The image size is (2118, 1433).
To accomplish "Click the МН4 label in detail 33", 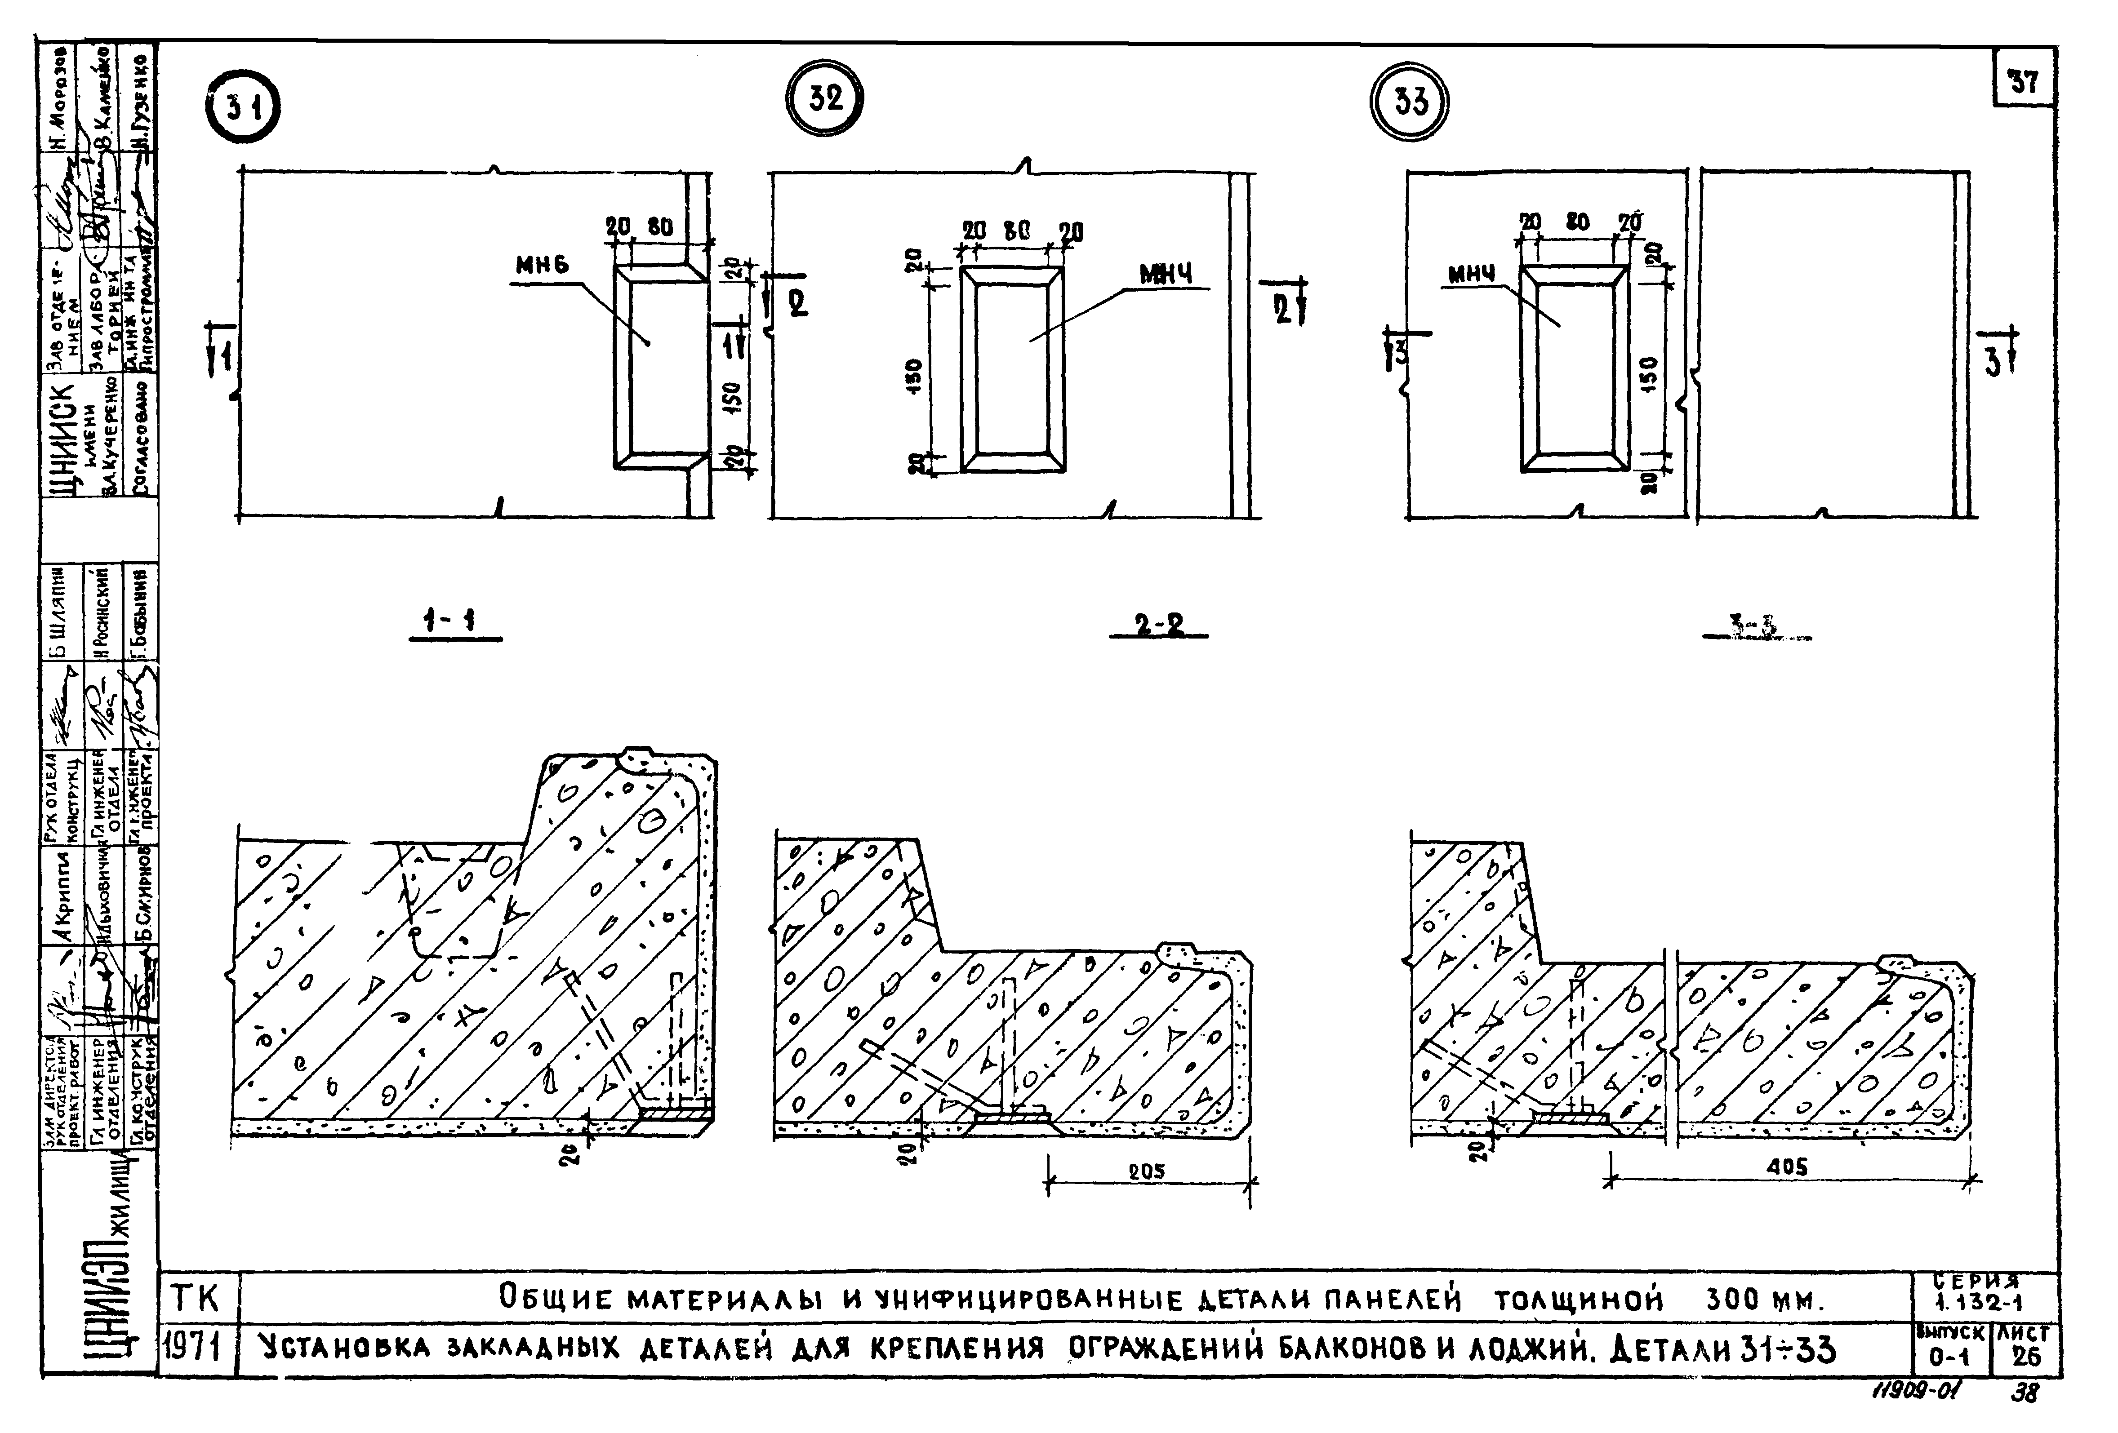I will click(1471, 273).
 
